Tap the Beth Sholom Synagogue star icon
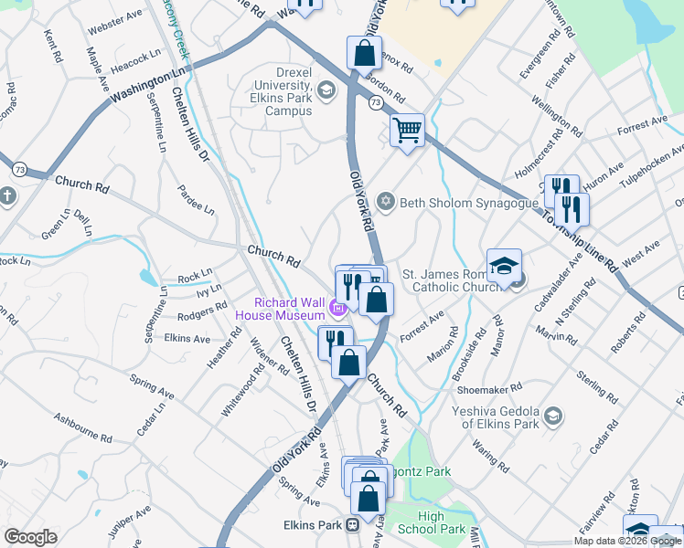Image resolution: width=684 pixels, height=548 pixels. tap(386, 200)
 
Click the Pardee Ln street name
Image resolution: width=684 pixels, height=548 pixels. tap(197, 202)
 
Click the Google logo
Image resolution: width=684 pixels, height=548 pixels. tap(30, 537)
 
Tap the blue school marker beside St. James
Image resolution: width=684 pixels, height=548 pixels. tap(504, 266)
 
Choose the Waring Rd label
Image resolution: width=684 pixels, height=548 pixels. tap(489, 454)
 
